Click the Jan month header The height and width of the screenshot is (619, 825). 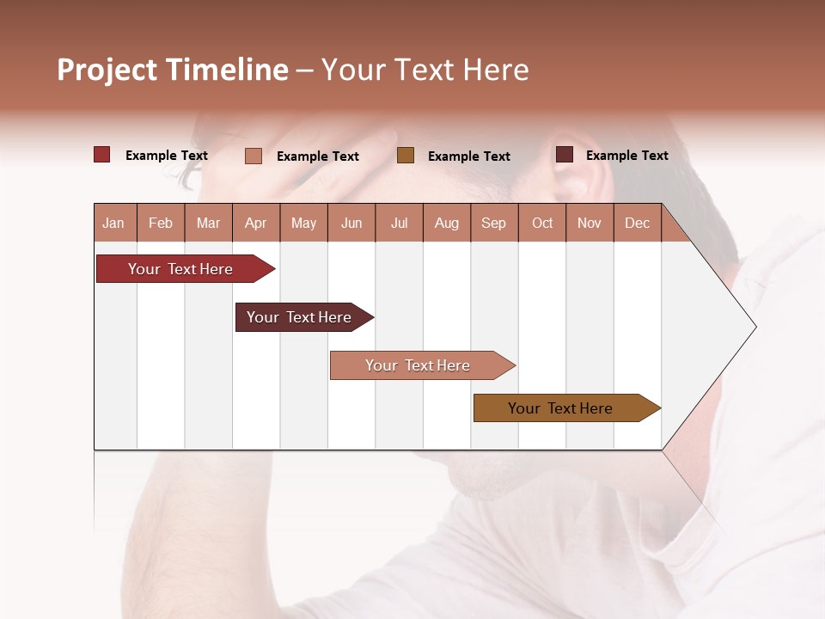point(114,223)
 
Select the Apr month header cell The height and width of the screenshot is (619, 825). point(256,223)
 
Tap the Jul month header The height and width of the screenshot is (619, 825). point(399,223)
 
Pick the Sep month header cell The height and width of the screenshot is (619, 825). point(493,223)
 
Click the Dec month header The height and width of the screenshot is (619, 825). point(637,223)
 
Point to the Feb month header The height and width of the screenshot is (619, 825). point(161,223)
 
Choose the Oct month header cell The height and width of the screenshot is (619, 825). point(541,223)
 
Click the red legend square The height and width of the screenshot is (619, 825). point(101,155)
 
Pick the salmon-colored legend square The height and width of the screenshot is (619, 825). point(253,156)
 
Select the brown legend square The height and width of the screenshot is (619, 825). point(406,156)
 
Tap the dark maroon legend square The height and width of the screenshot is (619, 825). point(564,155)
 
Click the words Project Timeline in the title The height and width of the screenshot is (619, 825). point(173,70)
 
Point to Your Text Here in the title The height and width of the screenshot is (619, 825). point(425,70)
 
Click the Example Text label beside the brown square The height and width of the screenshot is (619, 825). point(468,156)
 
